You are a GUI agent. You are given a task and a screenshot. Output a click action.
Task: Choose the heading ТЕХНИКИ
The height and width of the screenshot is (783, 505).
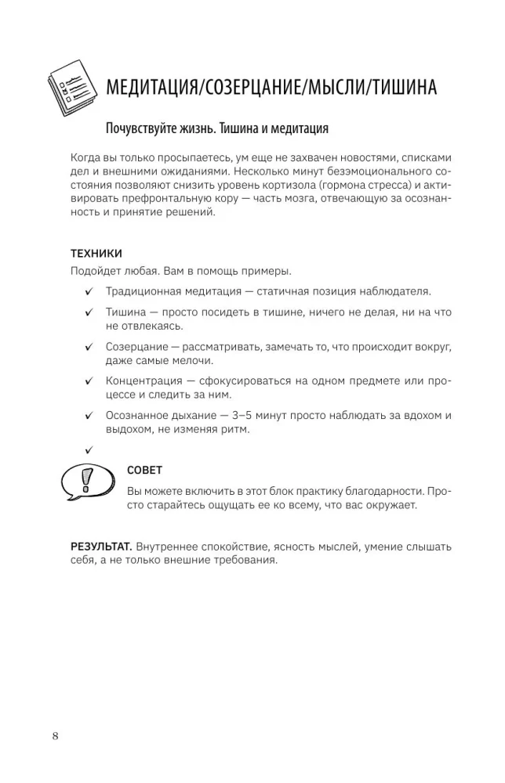pyautogui.click(x=96, y=254)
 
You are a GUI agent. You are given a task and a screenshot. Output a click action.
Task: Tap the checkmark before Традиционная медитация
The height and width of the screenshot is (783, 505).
pyautogui.click(x=89, y=292)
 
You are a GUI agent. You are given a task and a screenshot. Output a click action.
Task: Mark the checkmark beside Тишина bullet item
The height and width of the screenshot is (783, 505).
pyautogui.click(x=89, y=312)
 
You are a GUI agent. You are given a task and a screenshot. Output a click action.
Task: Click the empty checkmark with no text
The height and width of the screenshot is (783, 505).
pyautogui.click(x=89, y=449)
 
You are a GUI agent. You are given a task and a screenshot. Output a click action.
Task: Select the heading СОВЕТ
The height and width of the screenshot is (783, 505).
pyautogui.click(x=144, y=470)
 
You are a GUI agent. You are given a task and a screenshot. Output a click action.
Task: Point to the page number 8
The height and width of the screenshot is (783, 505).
pyautogui.click(x=55, y=735)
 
